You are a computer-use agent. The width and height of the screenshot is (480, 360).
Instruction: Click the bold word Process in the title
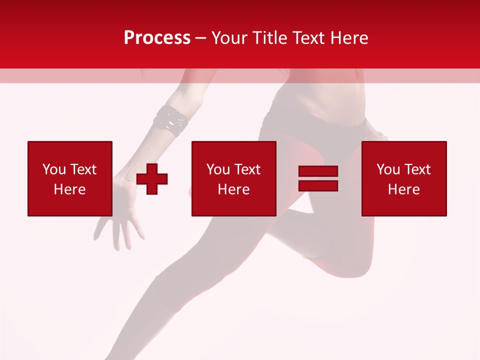point(157,37)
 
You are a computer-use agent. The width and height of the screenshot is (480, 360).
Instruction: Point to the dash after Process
point(201,38)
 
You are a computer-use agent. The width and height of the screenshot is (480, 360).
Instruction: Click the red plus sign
point(152,178)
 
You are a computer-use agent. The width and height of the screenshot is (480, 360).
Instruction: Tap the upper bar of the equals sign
point(318,171)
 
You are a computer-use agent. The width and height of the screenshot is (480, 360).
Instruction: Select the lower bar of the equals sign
point(318,185)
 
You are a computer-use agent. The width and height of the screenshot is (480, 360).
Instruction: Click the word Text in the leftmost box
point(83,169)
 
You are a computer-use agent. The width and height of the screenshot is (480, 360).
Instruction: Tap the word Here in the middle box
point(234,189)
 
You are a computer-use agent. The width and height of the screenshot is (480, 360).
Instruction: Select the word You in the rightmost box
point(388,169)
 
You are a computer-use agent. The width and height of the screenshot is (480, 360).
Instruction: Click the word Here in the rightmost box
point(404,189)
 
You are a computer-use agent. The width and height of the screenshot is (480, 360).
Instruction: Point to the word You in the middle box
point(218,169)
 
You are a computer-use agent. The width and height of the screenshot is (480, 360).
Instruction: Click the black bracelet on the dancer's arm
point(171,120)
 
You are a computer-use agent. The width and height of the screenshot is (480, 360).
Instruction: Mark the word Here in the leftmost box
point(70,189)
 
